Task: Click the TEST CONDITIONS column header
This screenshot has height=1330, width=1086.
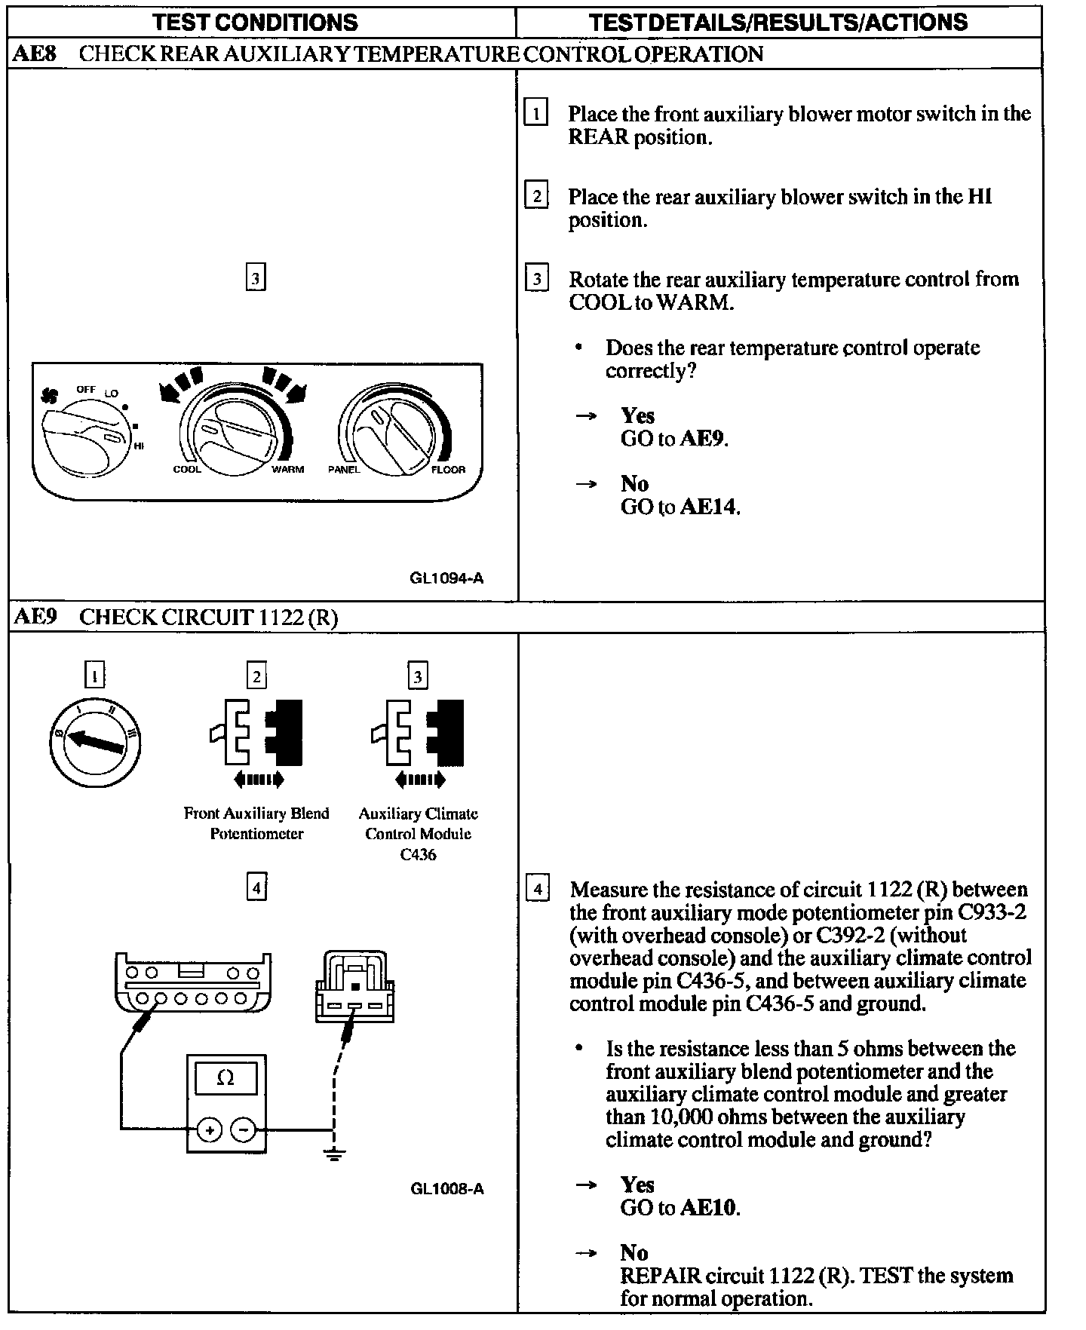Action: pos(256,22)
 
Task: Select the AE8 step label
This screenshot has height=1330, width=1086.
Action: pos(35,54)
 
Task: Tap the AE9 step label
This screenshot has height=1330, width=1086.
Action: pos(35,617)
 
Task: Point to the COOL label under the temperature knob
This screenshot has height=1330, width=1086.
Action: pos(187,469)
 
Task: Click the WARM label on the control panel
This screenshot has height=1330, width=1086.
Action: pos(288,469)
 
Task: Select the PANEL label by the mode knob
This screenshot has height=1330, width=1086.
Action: pos(344,469)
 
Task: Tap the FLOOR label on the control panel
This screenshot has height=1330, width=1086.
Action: pos(448,469)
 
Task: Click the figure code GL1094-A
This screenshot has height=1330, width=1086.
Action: pos(446,578)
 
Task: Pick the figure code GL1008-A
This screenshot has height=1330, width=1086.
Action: pos(446,1189)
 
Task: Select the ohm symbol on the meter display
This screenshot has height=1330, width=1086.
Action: pos(225,1078)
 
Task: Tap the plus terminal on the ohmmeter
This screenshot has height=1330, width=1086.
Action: pos(209,1130)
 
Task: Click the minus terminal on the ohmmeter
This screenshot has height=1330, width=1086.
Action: pos(243,1130)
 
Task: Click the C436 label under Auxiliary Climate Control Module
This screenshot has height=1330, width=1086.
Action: pos(418,854)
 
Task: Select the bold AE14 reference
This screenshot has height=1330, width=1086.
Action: pos(708,507)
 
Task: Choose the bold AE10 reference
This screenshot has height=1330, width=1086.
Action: pos(708,1208)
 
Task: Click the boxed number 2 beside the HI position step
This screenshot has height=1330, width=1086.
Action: pos(536,197)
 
